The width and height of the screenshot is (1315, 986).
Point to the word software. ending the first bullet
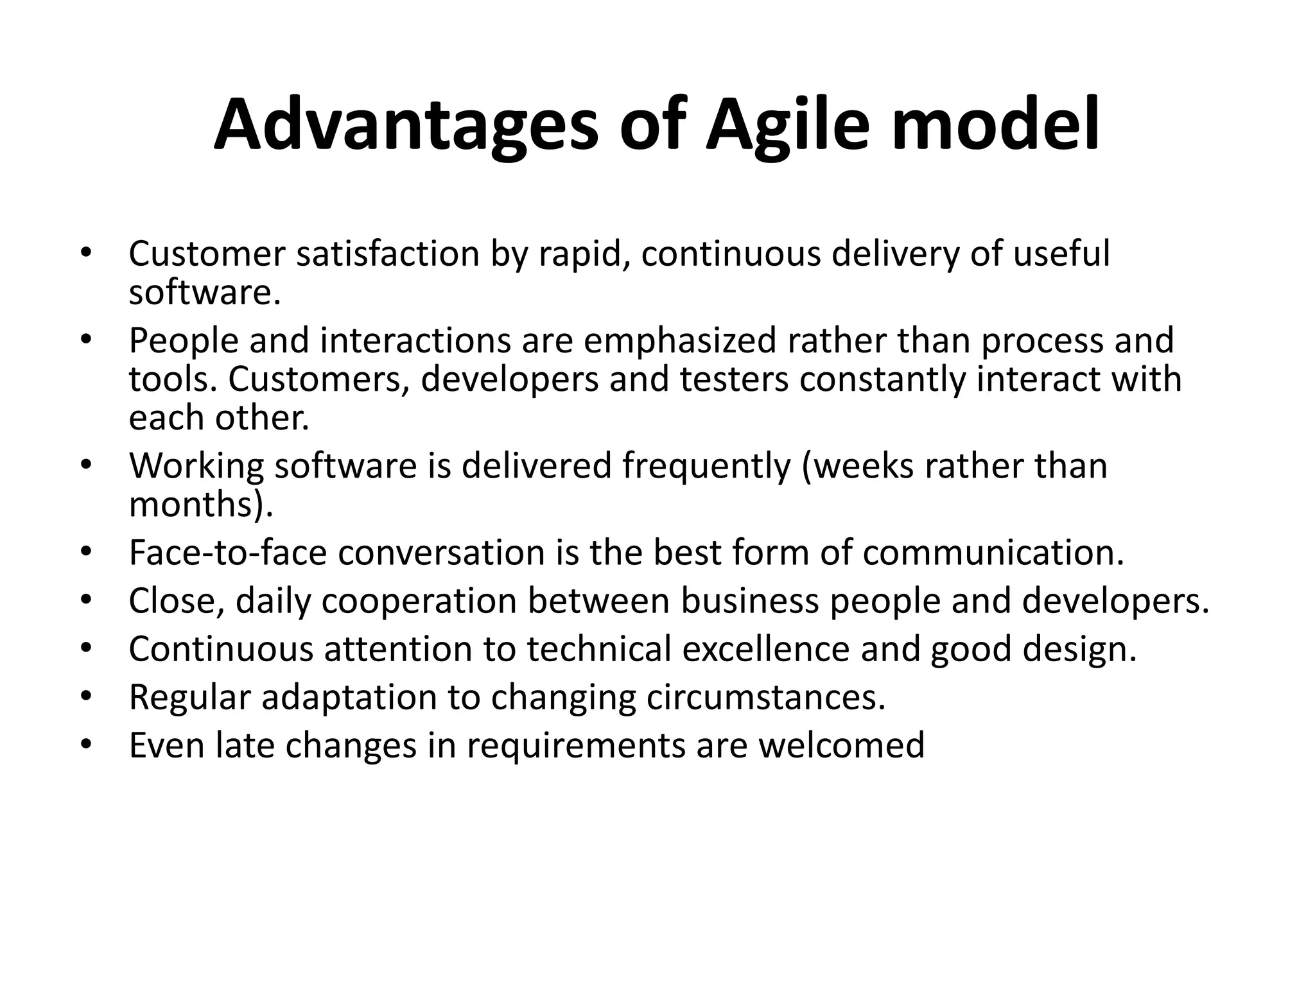point(205,293)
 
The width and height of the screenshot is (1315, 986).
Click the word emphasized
point(679,341)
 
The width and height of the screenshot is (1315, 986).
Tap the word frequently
point(706,467)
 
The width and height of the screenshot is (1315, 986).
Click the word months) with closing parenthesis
point(201,505)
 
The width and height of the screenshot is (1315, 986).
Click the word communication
point(993,553)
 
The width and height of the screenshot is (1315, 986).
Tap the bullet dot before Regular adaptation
point(86,696)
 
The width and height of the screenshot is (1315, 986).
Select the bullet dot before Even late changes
point(86,744)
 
